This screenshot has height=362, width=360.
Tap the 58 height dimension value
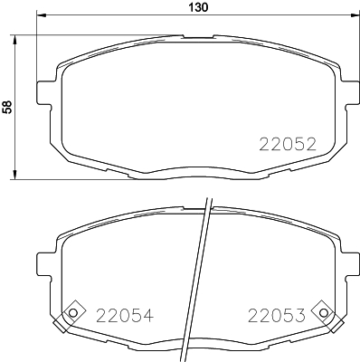click(x=8, y=107)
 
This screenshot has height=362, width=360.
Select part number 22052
click(x=287, y=143)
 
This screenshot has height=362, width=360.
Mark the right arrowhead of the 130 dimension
click(x=351, y=17)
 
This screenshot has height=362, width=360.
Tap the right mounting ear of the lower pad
click(x=346, y=263)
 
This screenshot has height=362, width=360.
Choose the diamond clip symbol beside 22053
click(x=323, y=312)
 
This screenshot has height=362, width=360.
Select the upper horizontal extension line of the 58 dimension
click(x=90, y=36)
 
